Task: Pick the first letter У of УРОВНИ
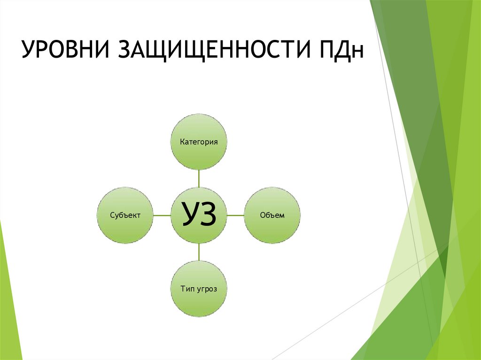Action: (28, 51)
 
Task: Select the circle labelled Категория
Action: (199, 141)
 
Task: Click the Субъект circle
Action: (125, 215)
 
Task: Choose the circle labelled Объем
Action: (272, 215)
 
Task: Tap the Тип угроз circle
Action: (199, 289)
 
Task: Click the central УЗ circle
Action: (199, 215)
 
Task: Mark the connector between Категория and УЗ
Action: (199, 178)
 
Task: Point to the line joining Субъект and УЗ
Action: (162, 215)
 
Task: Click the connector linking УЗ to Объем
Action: (236, 215)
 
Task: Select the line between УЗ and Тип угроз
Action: (199, 252)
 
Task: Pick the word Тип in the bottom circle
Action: (187, 289)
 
